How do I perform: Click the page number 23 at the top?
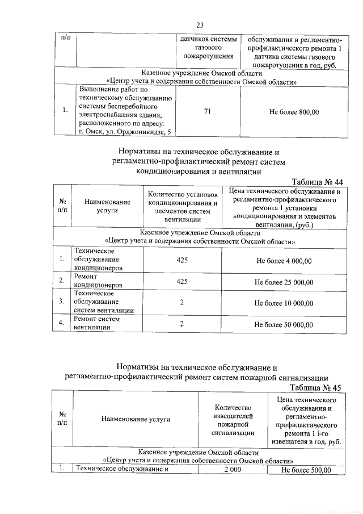200,25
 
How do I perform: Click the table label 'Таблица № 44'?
317,182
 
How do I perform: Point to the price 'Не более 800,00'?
294,112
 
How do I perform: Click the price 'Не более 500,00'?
306,470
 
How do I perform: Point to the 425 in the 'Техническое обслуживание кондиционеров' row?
182,261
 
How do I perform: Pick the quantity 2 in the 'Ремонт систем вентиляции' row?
182,324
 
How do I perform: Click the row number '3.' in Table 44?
62,303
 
